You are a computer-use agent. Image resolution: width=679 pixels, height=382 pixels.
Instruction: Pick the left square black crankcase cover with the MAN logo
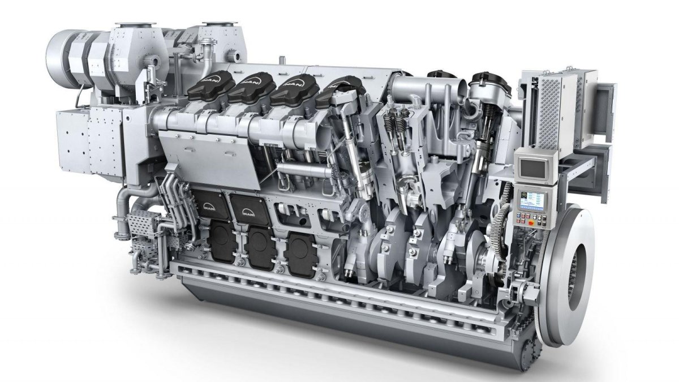210,204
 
